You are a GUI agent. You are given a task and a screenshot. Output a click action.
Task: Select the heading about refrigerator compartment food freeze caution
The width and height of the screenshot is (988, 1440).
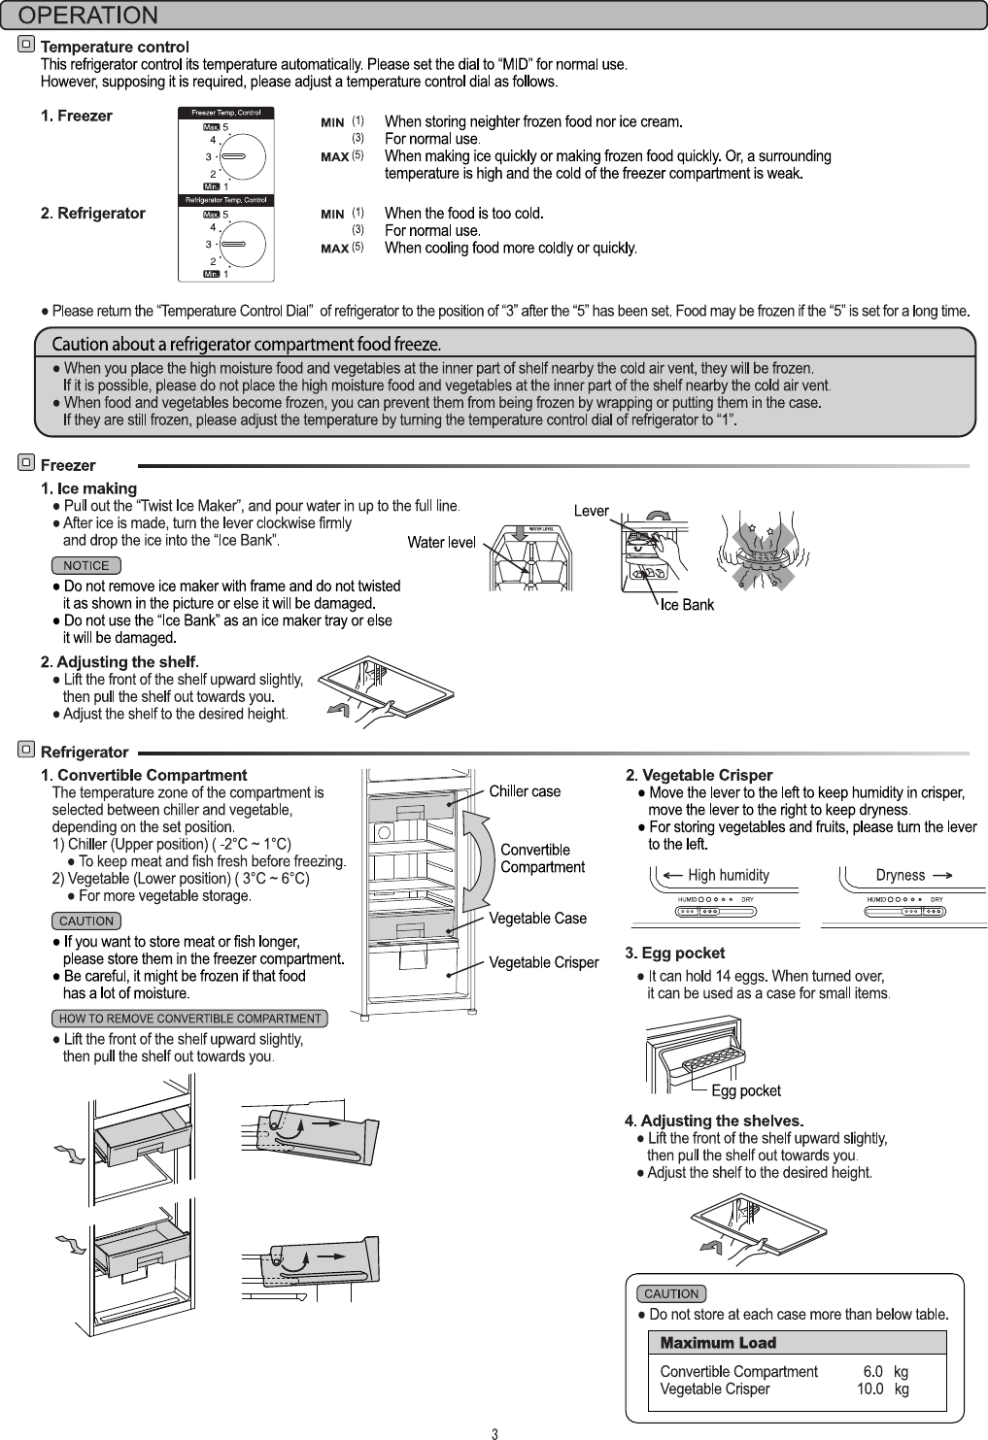coord(247,344)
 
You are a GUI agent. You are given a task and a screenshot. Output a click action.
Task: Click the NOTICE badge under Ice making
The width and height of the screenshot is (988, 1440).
coord(86,565)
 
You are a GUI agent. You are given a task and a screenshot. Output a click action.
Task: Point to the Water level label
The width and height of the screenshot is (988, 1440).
coord(441,542)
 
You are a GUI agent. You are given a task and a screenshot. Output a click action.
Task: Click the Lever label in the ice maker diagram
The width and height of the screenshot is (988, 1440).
coord(591,511)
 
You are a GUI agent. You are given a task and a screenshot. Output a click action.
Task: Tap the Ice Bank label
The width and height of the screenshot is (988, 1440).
coord(687,605)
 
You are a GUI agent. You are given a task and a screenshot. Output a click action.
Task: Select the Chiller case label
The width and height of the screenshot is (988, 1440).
coord(525,791)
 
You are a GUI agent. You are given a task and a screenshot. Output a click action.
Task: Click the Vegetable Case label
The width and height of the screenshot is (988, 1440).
coord(537,919)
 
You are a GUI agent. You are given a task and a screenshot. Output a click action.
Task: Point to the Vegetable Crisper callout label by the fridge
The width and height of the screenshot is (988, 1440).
coord(543,962)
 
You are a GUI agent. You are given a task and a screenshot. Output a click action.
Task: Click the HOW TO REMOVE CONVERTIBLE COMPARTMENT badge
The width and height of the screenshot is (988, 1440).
coord(189,1019)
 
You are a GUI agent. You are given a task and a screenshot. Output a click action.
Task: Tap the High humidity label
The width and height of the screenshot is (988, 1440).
coord(728,875)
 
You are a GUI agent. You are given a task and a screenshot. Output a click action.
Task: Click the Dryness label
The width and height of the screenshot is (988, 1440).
coord(901,875)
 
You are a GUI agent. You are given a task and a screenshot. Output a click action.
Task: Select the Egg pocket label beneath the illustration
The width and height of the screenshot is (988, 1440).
coord(745,1090)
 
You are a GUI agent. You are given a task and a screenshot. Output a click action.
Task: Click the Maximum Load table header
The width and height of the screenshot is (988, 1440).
coord(718,1343)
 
